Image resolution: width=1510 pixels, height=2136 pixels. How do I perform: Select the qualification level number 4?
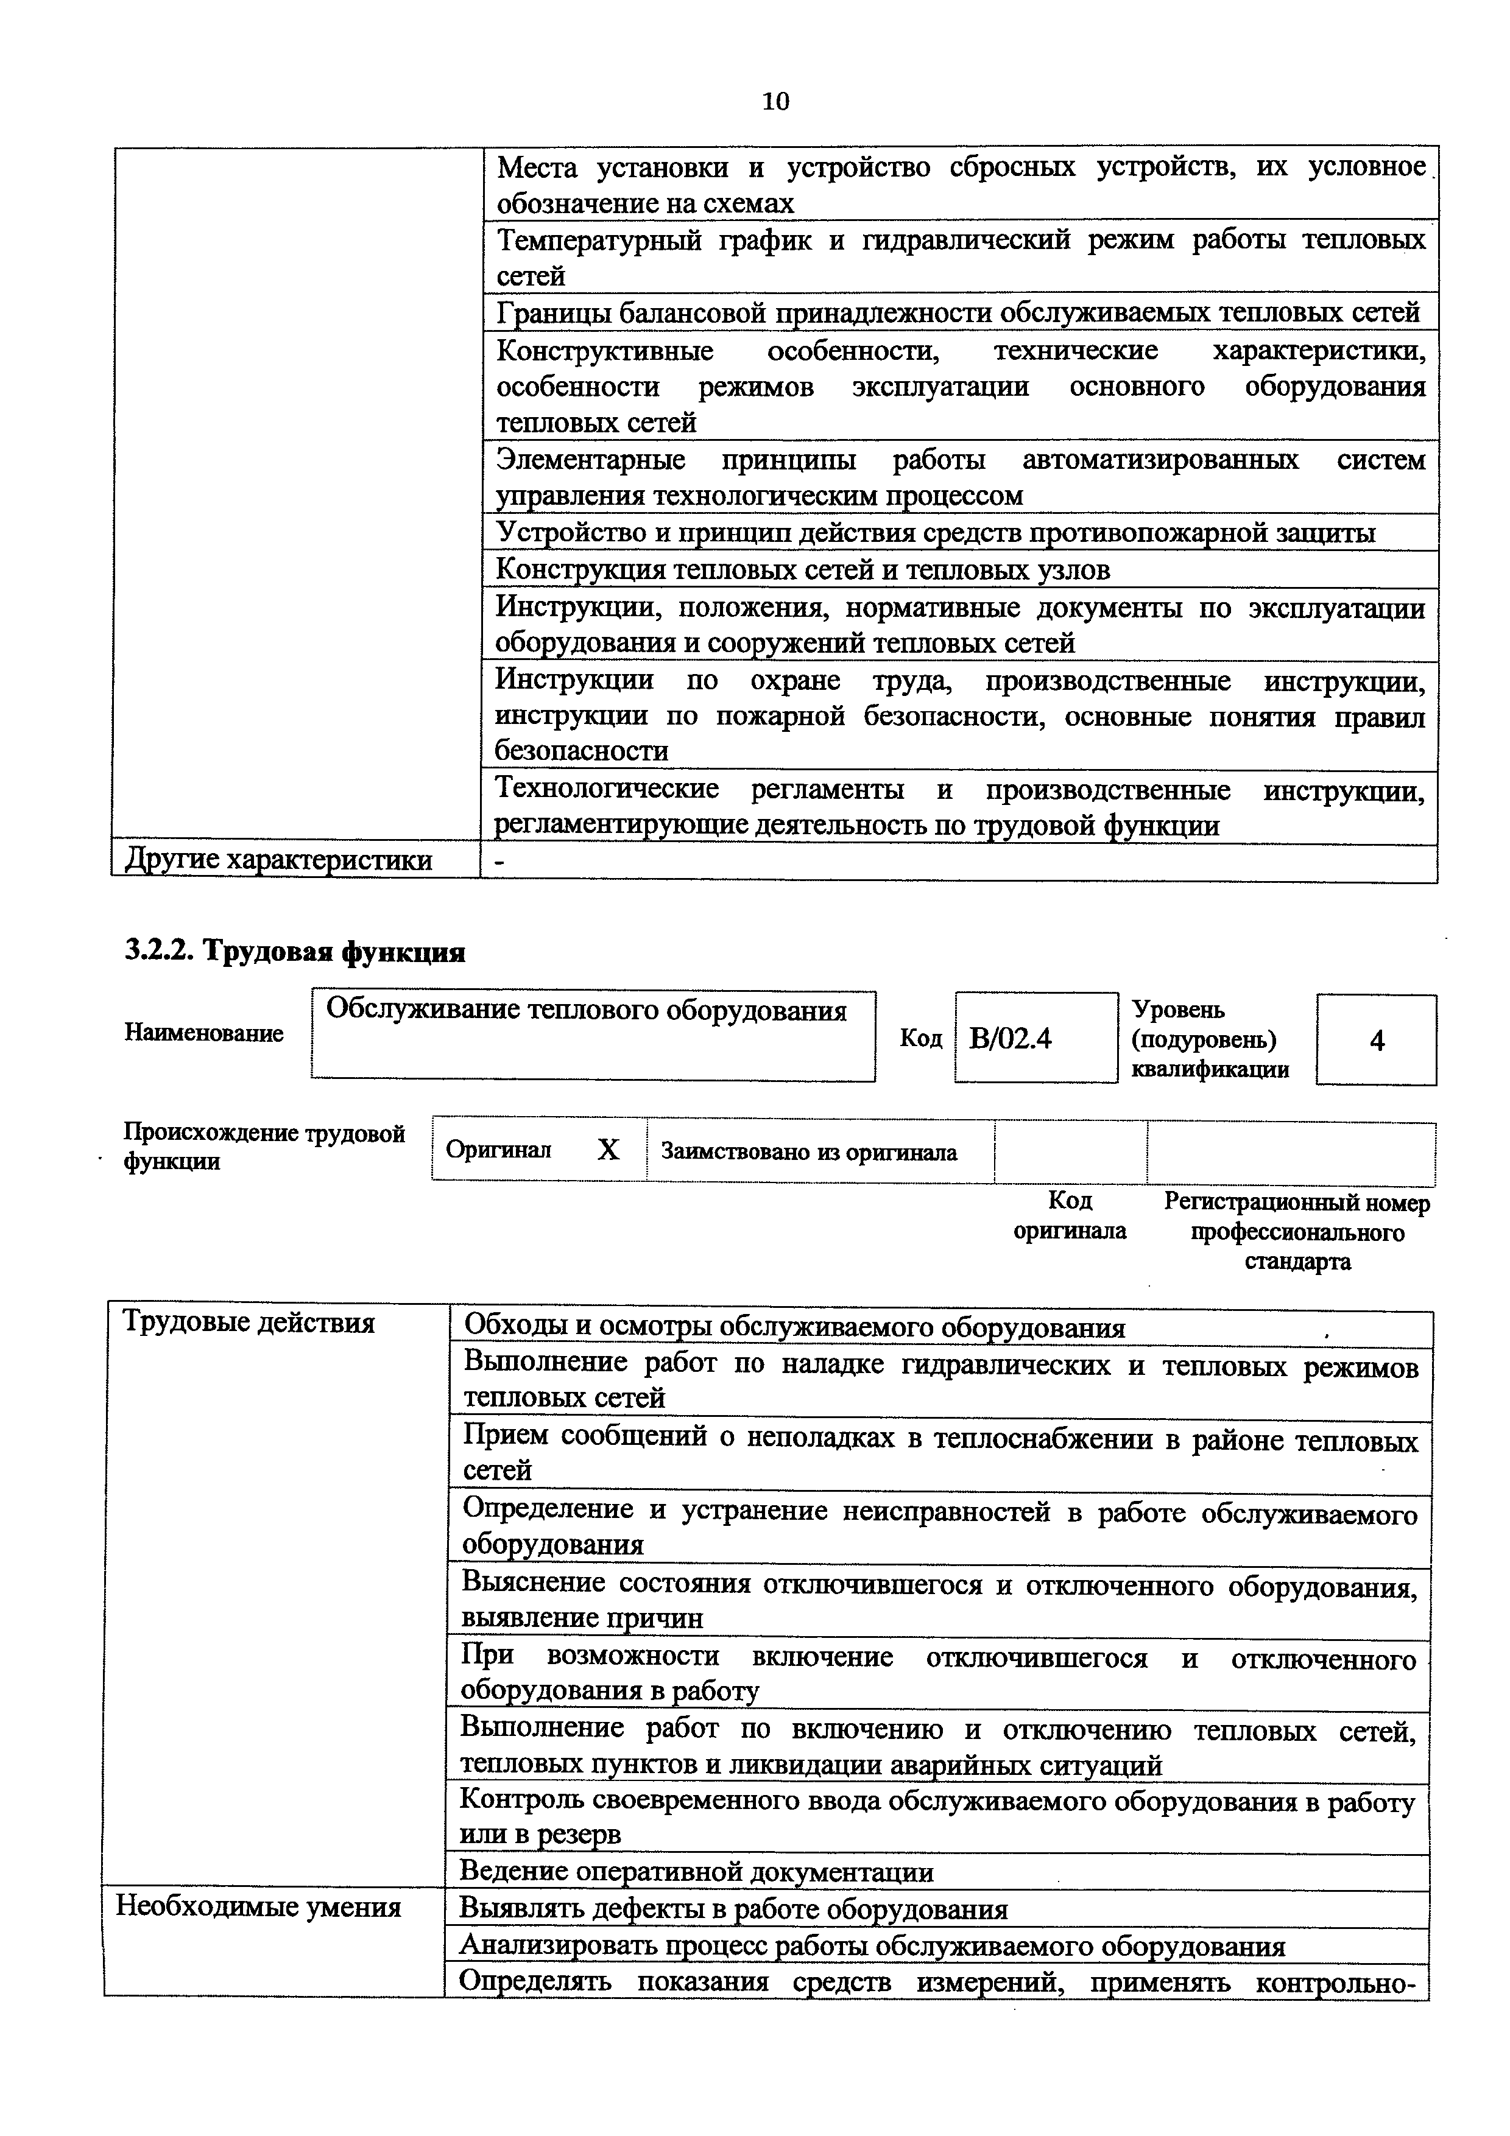coord(1377,1040)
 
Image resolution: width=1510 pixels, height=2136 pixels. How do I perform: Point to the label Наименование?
coord(204,1033)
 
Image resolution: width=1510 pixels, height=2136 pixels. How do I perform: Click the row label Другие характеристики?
coord(278,860)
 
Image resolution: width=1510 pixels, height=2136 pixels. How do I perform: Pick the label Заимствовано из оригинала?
coord(808,1153)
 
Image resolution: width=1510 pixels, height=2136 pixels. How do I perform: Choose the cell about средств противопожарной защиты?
coord(934,533)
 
